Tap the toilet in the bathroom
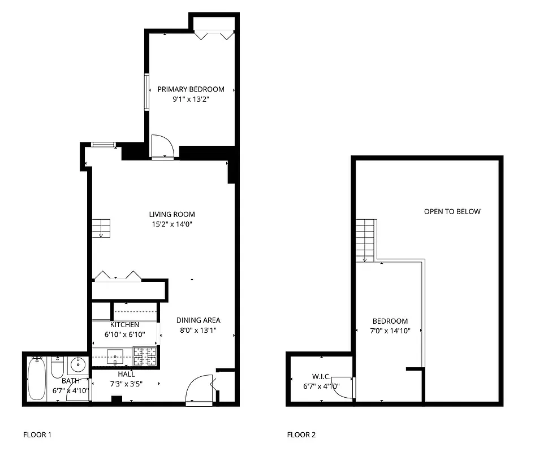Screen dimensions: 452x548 click(57, 368)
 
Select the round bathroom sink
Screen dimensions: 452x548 click(77, 365)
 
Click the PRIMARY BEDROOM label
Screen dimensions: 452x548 click(191, 89)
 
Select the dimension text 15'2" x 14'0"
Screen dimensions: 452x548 click(172, 224)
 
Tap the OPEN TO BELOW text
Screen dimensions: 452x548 click(452, 212)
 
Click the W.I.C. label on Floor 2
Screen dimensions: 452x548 click(321, 376)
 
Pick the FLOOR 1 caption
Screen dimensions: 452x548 click(37, 435)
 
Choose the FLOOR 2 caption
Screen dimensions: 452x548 click(301, 435)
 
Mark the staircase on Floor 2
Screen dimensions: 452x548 click(365, 240)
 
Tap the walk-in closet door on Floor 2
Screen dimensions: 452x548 click(344, 386)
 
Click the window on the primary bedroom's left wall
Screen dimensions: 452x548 click(146, 92)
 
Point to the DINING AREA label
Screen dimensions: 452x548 click(198, 320)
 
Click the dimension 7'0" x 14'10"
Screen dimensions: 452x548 click(390, 331)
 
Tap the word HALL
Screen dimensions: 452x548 click(126, 374)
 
